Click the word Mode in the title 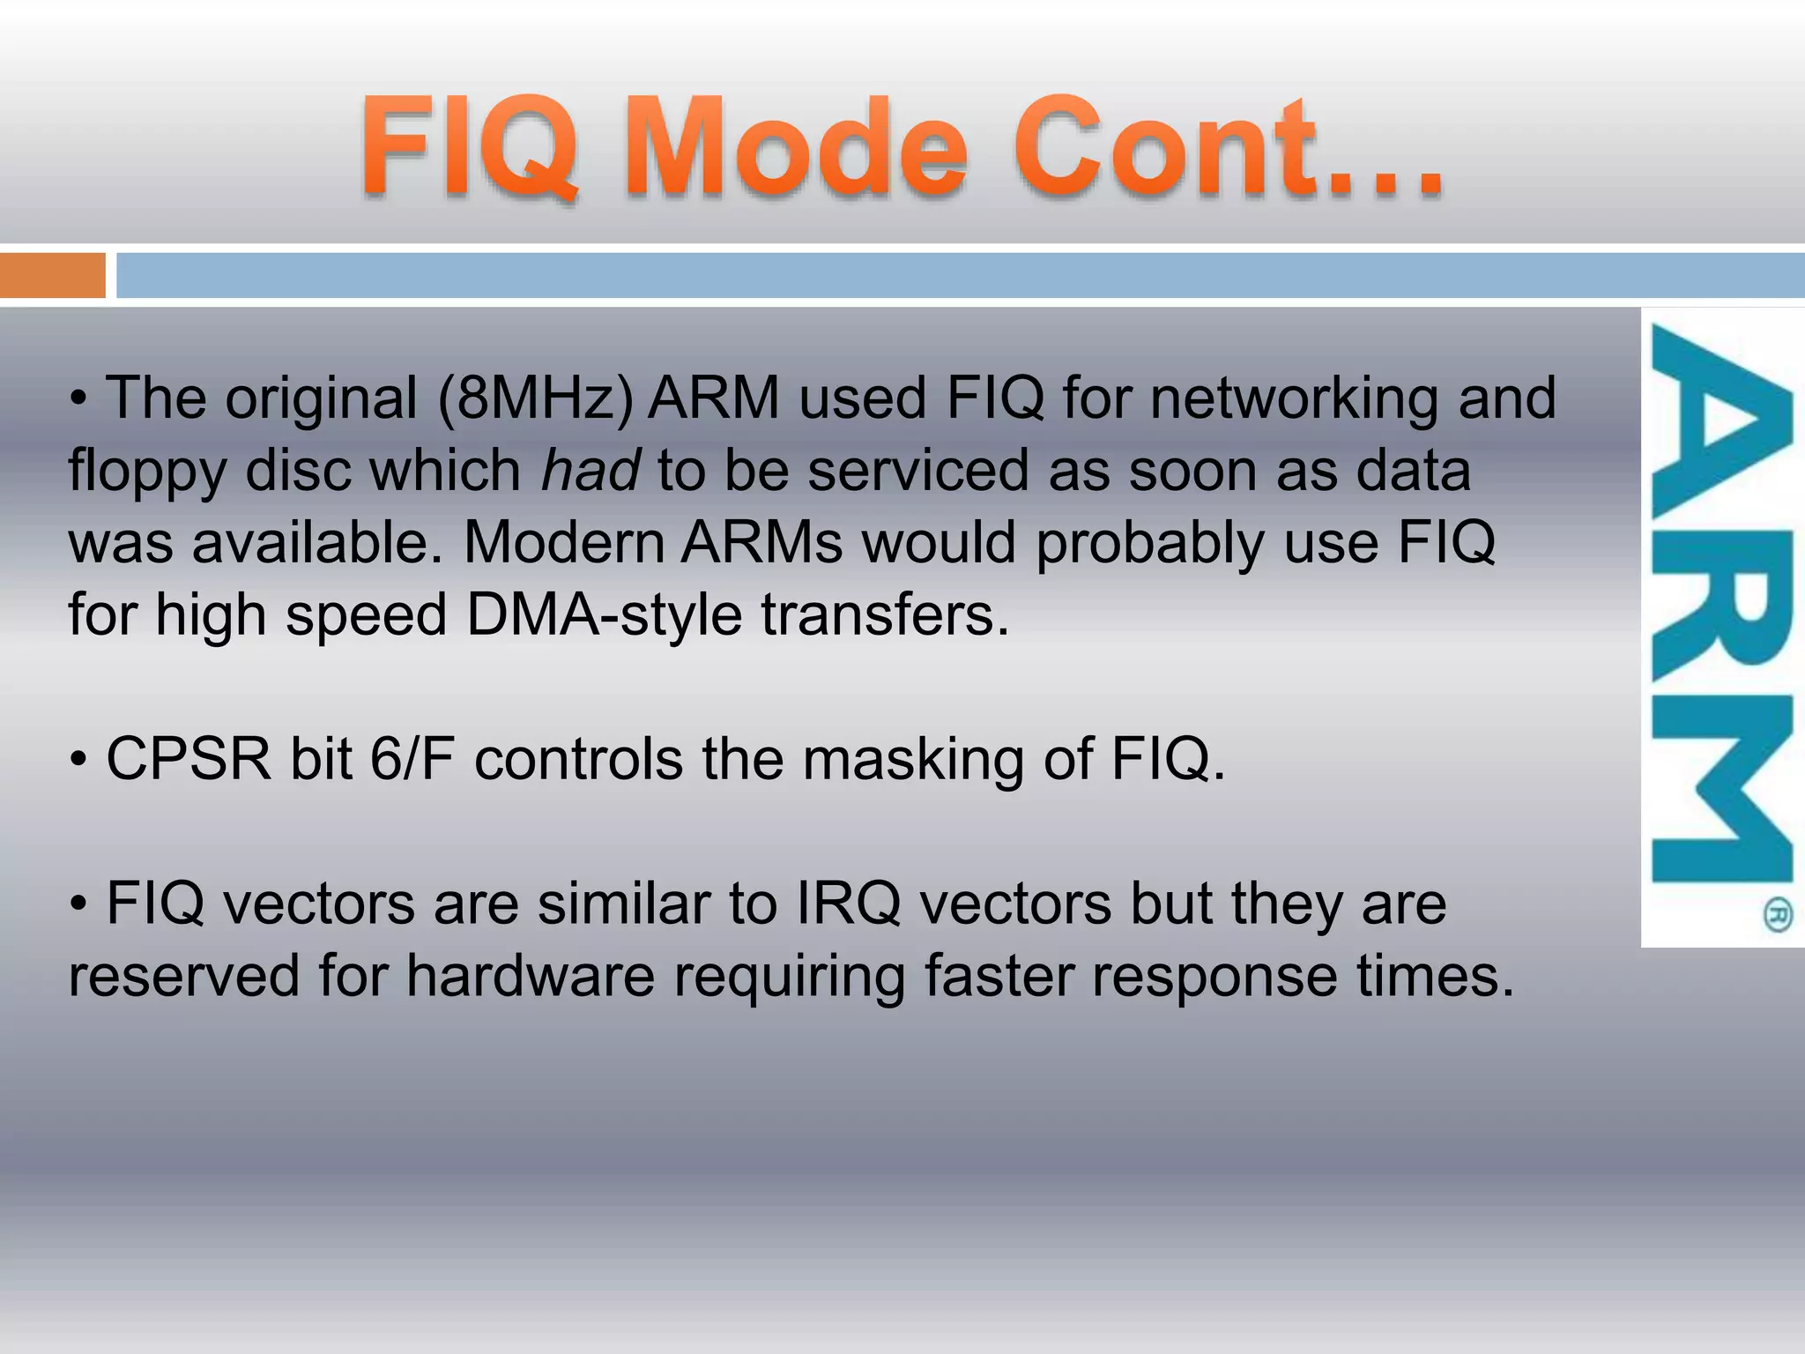[798, 147]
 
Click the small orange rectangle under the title [52, 275]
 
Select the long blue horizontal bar [960, 275]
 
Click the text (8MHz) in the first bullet [536, 398]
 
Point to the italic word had [590, 471]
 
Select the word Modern [563, 542]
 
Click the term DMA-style [604, 614]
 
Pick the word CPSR [188, 759]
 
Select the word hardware [531, 976]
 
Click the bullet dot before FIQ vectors [79, 905]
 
